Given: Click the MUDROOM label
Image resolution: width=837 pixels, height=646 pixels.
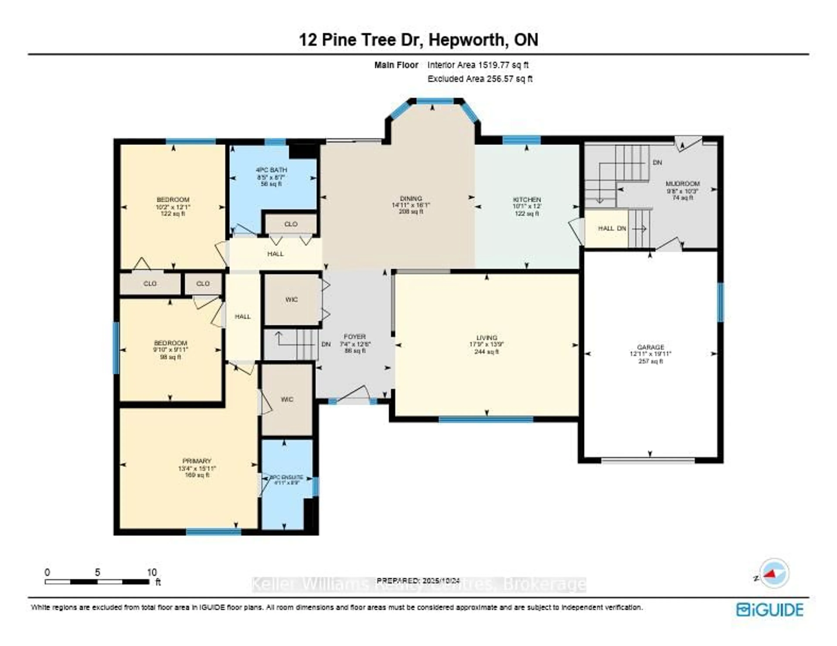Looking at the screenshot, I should pos(682,184).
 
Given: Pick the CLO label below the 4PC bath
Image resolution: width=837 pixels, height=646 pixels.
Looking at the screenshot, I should pos(291,224).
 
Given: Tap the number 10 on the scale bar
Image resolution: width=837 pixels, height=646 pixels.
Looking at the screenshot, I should pos(152,572).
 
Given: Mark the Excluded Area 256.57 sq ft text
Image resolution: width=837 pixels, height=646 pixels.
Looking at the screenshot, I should pos(480,79).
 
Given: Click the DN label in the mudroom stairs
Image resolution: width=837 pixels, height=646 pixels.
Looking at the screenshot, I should pos(657,163).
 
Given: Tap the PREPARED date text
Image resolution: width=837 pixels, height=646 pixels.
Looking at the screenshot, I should pos(418,581).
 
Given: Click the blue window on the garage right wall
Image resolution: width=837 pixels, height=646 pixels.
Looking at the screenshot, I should pos(720,302).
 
